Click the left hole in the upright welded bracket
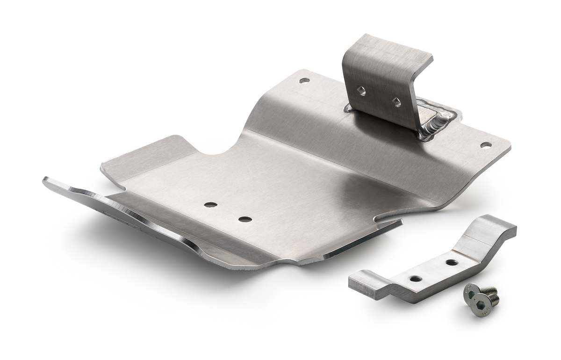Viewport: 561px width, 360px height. (x=361, y=91)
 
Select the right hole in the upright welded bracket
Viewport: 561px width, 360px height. (x=396, y=102)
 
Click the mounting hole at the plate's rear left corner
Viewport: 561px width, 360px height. (x=304, y=80)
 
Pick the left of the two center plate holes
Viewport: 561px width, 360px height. (x=210, y=205)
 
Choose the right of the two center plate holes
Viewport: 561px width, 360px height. (x=245, y=219)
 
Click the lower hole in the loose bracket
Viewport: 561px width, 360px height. (x=416, y=279)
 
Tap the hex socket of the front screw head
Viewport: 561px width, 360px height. (x=471, y=295)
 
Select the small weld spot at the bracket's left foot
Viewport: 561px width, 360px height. (x=348, y=108)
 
